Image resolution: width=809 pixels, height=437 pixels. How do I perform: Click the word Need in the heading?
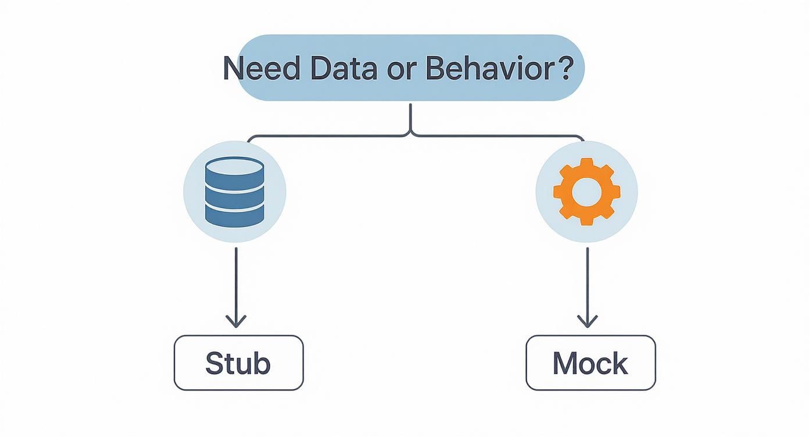click(x=262, y=69)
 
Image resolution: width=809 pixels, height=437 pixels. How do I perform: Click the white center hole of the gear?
click(x=586, y=191)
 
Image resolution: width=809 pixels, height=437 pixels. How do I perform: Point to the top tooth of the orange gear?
click(x=586, y=164)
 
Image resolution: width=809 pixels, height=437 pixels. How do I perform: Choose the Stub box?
click(x=238, y=363)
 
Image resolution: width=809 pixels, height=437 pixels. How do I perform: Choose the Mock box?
click(x=590, y=363)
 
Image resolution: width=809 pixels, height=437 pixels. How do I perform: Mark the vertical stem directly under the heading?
click(x=410, y=116)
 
